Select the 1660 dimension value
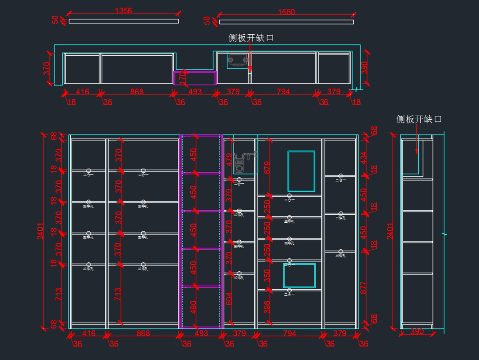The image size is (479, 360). tap(286, 12)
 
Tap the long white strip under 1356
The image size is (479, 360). tap(124, 21)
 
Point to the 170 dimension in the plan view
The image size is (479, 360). tap(182, 78)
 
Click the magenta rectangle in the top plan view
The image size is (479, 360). tap(195, 78)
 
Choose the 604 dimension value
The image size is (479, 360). tap(229, 299)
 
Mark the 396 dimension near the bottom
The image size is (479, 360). tap(267, 307)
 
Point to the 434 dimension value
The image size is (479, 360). tap(364, 158)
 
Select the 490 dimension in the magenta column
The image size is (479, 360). tap(193, 308)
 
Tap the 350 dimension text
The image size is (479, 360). tap(267, 275)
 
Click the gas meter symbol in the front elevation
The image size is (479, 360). tap(242, 160)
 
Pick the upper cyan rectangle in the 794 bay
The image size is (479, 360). tap(301, 171)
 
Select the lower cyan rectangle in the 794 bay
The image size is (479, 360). tap(299, 275)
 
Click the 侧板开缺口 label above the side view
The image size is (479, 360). tap(419, 119)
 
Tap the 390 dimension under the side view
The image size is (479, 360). tap(417, 332)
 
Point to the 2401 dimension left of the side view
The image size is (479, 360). tap(390, 231)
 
